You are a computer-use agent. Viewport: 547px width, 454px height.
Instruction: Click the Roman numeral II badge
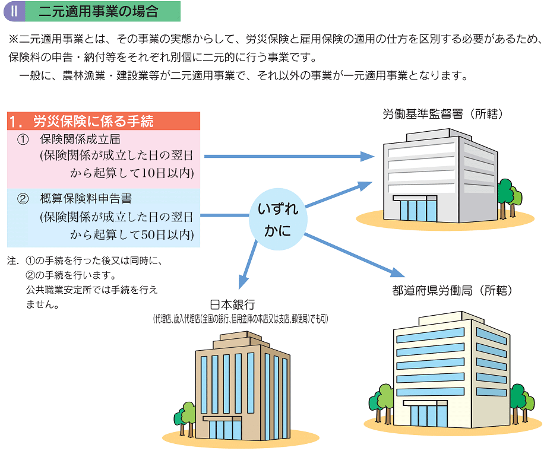14,11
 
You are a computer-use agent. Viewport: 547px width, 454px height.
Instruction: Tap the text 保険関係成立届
80,140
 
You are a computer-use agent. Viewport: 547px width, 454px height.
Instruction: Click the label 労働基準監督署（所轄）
443,114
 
